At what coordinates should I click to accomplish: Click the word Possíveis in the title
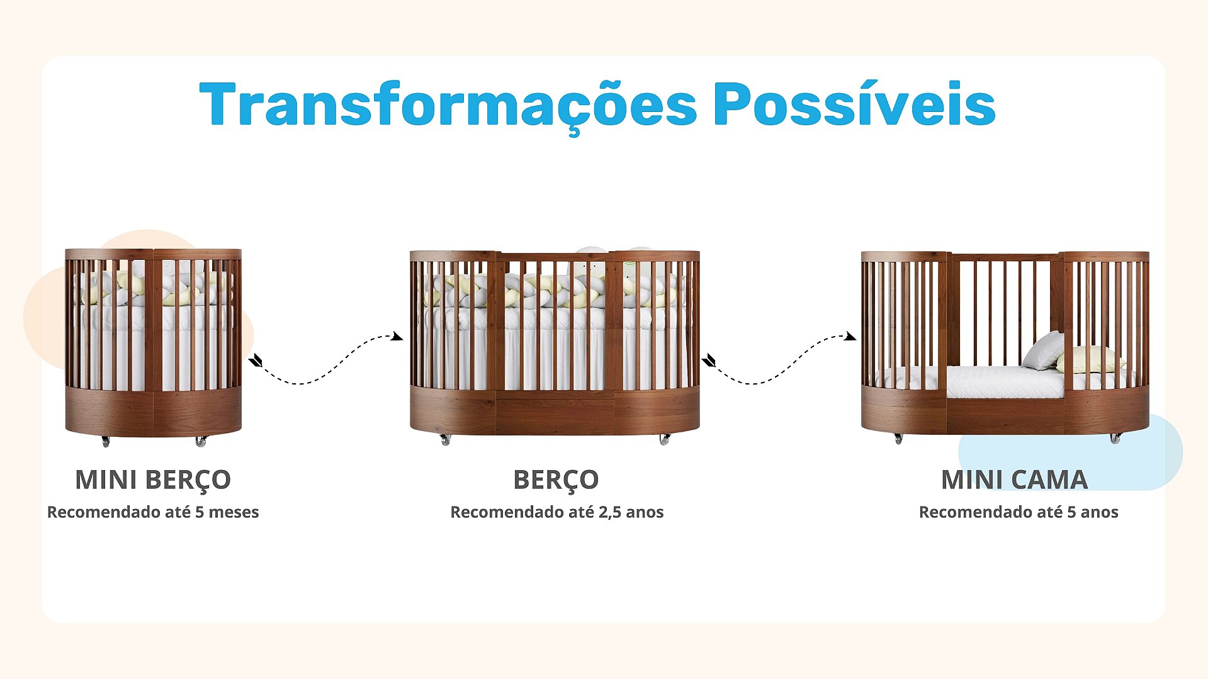coord(854,103)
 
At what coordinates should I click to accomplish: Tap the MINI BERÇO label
coord(153,480)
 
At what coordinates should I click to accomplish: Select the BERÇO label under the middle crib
coord(556,480)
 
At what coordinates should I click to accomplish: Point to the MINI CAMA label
coord(1014,480)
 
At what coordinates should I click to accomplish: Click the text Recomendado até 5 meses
coord(153,512)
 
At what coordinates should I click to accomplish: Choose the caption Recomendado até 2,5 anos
coord(557,512)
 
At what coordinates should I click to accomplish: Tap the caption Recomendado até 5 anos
coord(1019,512)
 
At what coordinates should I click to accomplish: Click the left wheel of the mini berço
coord(105,442)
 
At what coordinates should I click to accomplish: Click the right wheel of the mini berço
coord(201,442)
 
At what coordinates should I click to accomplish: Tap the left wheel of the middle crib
coord(445,439)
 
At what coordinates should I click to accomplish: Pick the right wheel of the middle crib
coord(664,439)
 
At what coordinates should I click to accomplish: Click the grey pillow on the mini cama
coord(1044,351)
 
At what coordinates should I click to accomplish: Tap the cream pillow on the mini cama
coord(1091,360)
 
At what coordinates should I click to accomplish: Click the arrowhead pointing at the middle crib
coord(397,337)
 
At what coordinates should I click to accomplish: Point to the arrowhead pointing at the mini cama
coord(850,337)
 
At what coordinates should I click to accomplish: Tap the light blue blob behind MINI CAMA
coord(1070,453)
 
